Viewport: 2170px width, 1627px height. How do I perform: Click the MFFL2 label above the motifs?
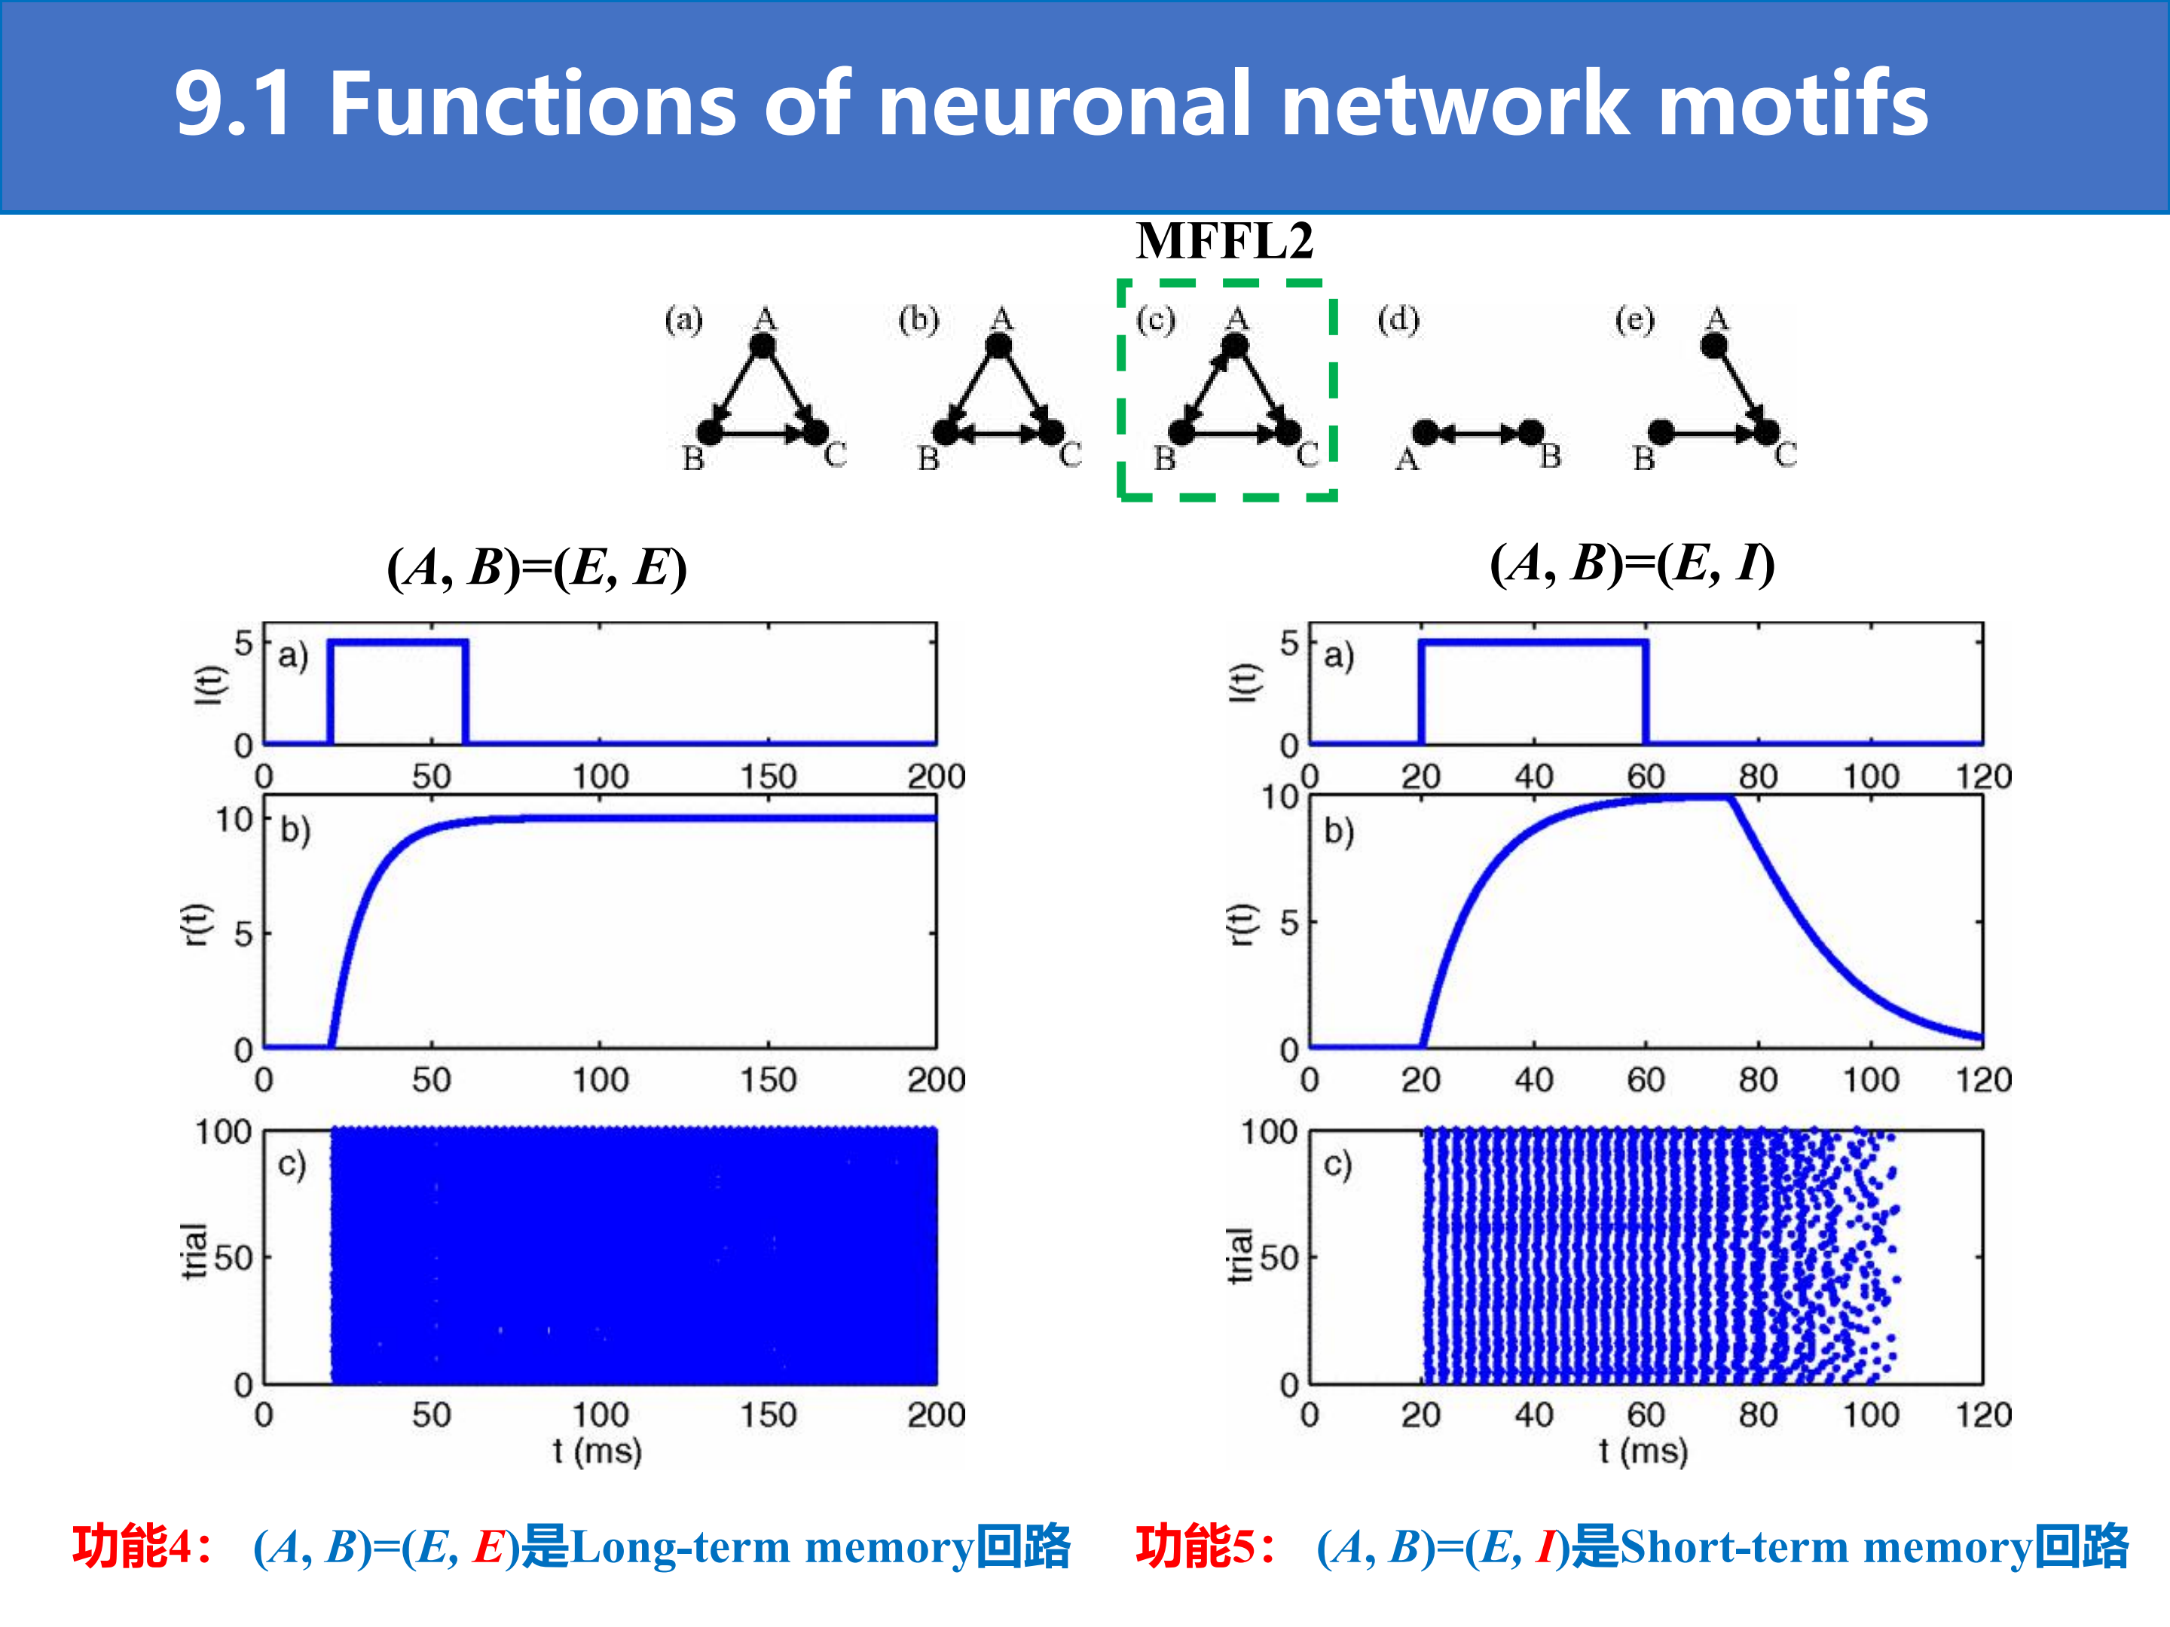pos(1224,241)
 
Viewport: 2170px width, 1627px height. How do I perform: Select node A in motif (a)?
pos(763,345)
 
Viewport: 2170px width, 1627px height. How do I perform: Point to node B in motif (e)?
pos(1661,432)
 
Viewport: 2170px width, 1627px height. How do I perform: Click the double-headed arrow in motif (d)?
pos(1478,432)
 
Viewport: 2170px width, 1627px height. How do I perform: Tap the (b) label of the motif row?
pos(919,319)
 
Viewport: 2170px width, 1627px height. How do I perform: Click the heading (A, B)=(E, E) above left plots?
pos(536,568)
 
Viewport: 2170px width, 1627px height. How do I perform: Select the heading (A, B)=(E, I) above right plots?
pos(1633,564)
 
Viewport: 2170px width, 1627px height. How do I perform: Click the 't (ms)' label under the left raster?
pos(597,1451)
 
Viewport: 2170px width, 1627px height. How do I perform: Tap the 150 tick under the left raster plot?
pos(767,1414)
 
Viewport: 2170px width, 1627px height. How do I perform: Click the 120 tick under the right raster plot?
pos(1982,1414)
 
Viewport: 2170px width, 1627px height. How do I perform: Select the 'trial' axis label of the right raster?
pos(1241,1256)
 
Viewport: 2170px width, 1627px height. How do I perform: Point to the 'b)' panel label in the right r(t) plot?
pos(1338,831)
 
